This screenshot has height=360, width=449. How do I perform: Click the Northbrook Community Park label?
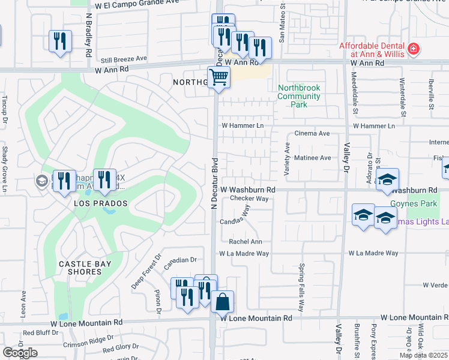299,96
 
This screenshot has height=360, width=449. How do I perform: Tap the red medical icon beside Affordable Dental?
414,49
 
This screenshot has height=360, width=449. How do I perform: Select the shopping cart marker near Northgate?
218,77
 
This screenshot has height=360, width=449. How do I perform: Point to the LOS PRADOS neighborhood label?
101,203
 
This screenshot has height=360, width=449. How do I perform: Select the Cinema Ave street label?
312,134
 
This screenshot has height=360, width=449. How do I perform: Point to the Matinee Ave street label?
313,158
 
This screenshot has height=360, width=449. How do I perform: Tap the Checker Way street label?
249,198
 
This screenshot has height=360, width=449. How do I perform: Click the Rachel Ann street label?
246,242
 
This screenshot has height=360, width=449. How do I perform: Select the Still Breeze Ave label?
124,59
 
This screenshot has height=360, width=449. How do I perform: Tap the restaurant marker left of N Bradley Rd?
60,41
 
